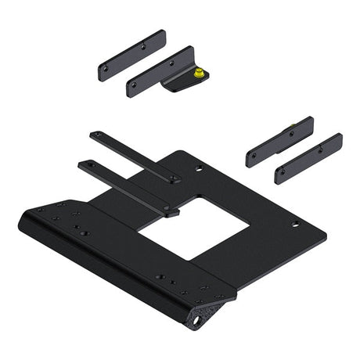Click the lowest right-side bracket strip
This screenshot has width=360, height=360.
(x=308, y=158)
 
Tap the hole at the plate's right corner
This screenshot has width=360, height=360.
(x=295, y=225)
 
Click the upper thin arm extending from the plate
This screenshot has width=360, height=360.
(x=133, y=155)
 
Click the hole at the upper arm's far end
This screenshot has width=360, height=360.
(x=95, y=135)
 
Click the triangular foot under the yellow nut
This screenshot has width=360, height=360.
(x=182, y=85)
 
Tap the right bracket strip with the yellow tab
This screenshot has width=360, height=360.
(x=279, y=142)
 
